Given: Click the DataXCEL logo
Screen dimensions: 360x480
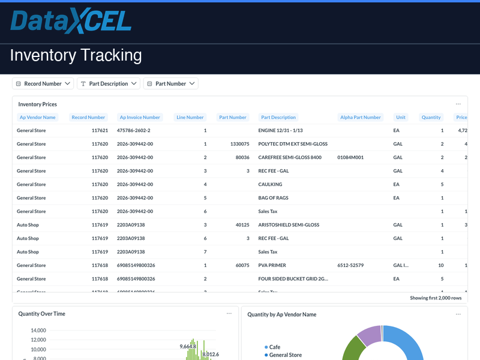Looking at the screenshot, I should coord(71,22).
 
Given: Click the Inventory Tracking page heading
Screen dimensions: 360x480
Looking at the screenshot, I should coord(76,56).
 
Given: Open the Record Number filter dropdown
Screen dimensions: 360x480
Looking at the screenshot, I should coord(43,84).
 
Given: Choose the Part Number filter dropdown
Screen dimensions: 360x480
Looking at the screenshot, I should coord(170,84).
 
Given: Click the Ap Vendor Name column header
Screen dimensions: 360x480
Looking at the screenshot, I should coord(37,118).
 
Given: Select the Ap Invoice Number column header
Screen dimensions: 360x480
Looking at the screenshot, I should coord(140,118).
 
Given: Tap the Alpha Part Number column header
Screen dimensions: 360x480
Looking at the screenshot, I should coord(360,118).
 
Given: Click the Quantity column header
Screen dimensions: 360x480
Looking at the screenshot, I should coord(431,118).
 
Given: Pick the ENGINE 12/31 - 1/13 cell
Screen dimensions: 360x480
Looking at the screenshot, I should coord(280,130).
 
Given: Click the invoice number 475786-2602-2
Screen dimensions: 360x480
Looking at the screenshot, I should coord(134,130).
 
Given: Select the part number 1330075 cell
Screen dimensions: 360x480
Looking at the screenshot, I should coord(239,144).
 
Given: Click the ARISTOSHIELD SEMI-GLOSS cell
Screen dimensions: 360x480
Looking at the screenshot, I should coord(289,225).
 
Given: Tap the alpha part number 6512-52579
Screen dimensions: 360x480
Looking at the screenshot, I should coord(351,265).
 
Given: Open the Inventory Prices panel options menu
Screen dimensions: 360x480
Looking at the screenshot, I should coord(458,104).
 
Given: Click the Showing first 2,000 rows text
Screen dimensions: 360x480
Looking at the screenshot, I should coord(436,298).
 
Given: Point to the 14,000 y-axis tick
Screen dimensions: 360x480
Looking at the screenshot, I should coord(38,331).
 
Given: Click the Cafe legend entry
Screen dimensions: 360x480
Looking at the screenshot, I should coord(274,347).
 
